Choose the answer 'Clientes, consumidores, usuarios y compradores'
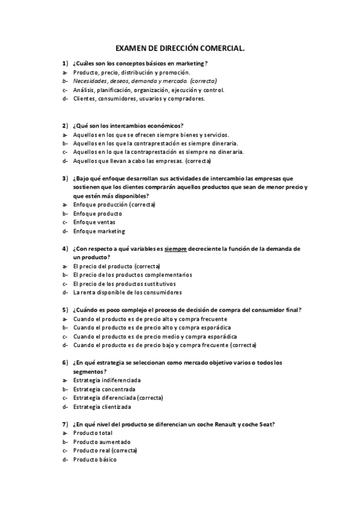tap(139, 99)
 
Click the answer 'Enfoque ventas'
tap(94, 223)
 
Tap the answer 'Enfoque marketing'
tap(99, 232)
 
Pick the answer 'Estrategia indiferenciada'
tap(107, 380)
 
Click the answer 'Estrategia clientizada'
tap(102, 407)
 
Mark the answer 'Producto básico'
tap(95, 459)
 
